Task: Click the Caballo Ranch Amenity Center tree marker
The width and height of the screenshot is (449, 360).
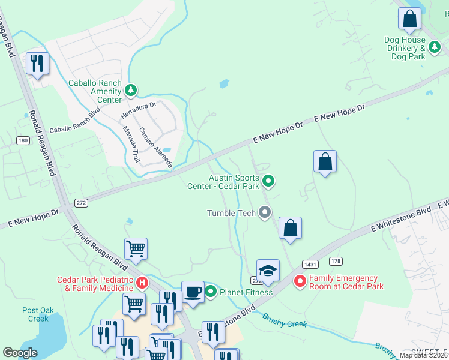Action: tap(131, 91)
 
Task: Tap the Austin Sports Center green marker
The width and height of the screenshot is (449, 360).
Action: tap(269, 180)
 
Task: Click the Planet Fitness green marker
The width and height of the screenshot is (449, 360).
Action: tap(211, 292)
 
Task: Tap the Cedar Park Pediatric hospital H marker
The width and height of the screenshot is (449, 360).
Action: tap(142, 283)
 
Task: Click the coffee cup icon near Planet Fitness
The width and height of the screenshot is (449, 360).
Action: tap(193, 292)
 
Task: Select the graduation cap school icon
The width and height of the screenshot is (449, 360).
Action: tap(268, 271)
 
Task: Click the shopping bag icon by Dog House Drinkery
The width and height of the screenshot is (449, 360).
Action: tap(409, 20)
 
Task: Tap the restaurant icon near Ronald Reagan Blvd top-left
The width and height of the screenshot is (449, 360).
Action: tap(37, 64)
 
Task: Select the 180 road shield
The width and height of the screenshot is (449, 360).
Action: tap(23, 140)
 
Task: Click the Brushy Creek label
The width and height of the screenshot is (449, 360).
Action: tap(285, 322)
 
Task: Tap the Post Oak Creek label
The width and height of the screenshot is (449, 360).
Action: tap(35, 314)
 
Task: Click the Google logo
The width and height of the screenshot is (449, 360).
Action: tap(20, 353)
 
